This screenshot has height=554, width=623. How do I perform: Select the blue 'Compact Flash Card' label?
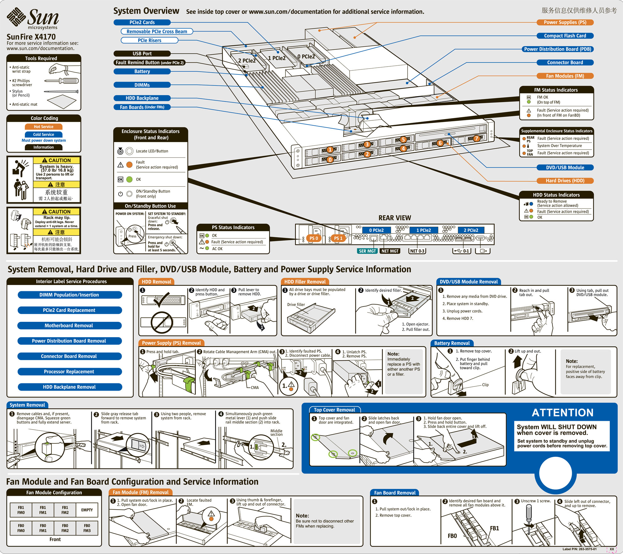click(565, 36)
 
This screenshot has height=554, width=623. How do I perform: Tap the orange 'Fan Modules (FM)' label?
click(565, 76)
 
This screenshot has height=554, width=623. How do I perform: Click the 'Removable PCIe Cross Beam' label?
click(157, 31)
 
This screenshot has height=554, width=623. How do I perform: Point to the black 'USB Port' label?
click(142, 54)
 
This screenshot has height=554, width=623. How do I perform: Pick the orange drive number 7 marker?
click(476, 138)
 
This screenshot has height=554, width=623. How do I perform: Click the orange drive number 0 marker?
click(330, 160)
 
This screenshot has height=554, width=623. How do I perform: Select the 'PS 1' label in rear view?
click(338, 238)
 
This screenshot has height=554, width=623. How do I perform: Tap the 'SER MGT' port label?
click(367, 251)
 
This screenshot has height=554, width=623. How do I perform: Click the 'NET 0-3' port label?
click(417, 251)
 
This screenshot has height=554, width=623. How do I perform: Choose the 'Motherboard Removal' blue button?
click(69, 326)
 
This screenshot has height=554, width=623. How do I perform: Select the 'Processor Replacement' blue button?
click(69, 372)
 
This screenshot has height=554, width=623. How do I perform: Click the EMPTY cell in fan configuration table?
click(87, 510)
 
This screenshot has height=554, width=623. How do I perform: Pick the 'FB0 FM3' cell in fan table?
click(87, 528)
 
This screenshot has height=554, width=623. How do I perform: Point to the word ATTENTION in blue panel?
click(562, 413)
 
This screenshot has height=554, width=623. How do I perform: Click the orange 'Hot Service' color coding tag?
click(44, 127)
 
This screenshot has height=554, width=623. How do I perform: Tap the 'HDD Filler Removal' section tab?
click(305, 282)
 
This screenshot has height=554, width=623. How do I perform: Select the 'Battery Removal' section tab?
click(452, 343)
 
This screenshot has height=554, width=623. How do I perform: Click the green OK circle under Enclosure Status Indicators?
click(129, 179)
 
